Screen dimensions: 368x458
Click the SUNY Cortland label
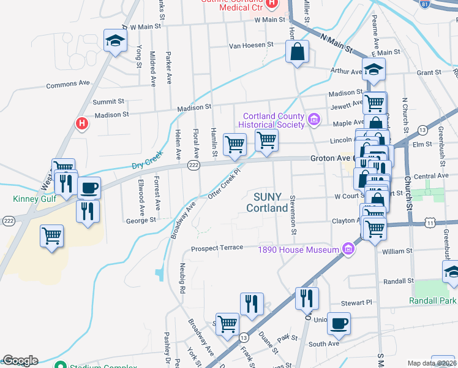pyautogui.click(x=267, y=202)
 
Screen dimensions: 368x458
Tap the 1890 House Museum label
pyautogui.click(x=298, y=250)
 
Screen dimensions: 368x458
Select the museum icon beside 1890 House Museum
pyautogui.click(x=348, y=249)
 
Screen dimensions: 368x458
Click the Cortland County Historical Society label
pyautogui.click(x=274, y=120)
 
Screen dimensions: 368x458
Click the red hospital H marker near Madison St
pyautogui.click(x=81, y=124)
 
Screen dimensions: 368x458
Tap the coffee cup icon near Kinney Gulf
pyautogui.click(x=89, y=187)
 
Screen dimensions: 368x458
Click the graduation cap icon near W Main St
pyautogui.click(x=114, y=41)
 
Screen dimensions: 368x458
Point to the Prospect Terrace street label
pyautogui.click(x=217, y=248)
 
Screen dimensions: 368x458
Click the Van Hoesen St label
pyautogui.click(x=250, y=45)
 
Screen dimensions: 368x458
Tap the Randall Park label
pyautogui.click(x=434, y=301)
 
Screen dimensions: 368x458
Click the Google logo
pyautogui.click(x=20, y=361)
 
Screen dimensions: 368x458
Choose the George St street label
pyautogui.click(x=141, y=219)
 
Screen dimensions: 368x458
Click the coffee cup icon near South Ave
pyautogui.click(x=339, y=323)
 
